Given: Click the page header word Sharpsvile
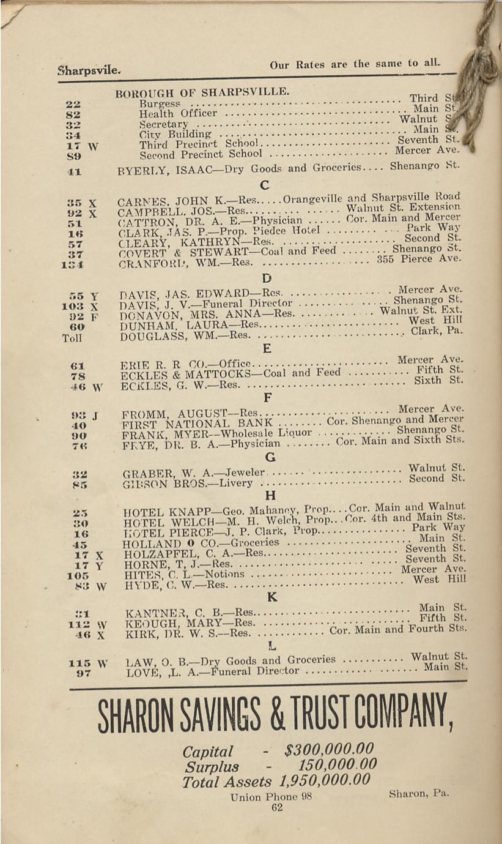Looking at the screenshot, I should [89, 70].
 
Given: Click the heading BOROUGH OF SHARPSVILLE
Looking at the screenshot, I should [202, 93].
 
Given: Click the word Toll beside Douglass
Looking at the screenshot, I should [72, 337].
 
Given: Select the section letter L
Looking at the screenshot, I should [272, 645].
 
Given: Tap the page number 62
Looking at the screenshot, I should [277, 807].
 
